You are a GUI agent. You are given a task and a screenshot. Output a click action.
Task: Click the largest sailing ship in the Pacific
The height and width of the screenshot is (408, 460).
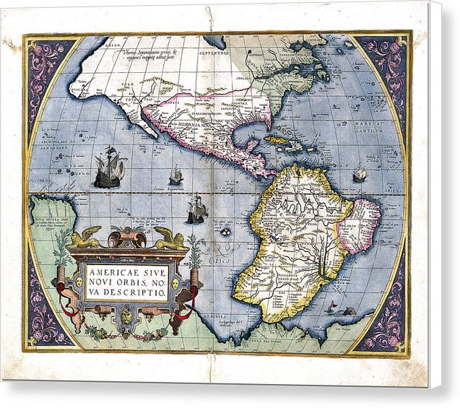point(110,168)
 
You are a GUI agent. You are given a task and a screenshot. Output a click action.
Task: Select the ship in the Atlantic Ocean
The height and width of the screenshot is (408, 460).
point(359,173)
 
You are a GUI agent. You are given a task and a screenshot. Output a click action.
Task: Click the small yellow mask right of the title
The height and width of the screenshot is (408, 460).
point(175,278)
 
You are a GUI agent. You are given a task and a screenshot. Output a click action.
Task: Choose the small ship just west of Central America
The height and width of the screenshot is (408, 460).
point(175,175)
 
